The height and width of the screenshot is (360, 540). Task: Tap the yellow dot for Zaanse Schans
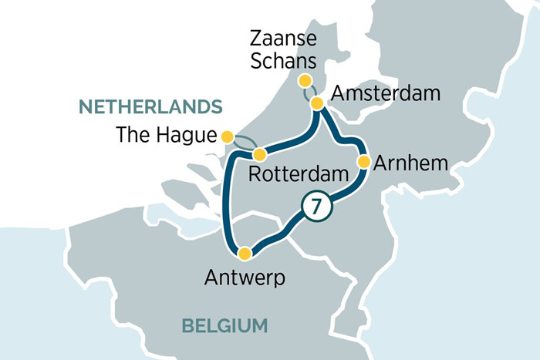[x=305, y=81]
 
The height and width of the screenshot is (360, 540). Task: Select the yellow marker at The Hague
[x=227, y=136]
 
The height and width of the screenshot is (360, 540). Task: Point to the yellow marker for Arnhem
[x=363, y=162]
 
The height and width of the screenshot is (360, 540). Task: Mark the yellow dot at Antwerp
[x=245, y=254]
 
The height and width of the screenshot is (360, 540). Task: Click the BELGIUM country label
[x=224, y=325]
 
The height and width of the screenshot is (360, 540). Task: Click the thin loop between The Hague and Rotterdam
[x=245, y=141]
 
